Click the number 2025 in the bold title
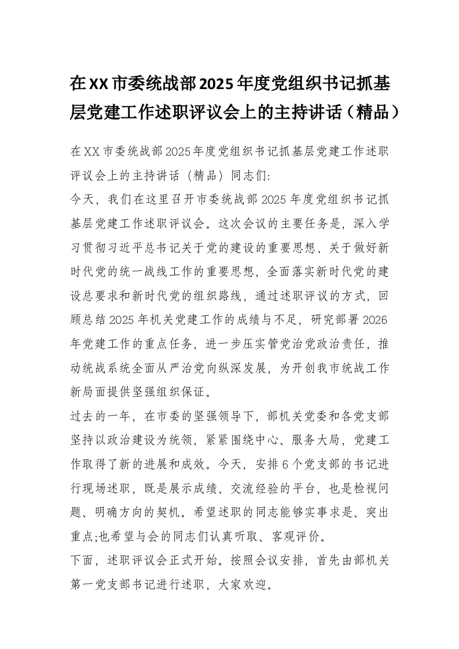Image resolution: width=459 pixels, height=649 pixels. [216, 84]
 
